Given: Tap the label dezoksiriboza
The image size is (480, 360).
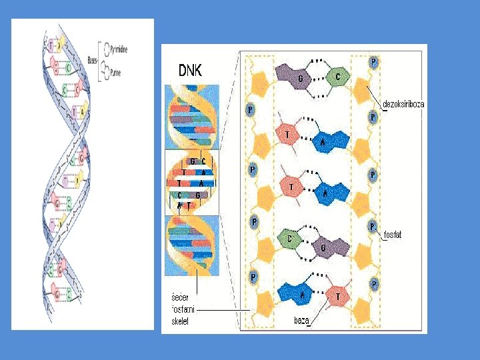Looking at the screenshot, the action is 403,104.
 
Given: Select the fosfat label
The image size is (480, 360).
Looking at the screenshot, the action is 393,235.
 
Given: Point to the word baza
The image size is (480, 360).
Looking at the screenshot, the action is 301,321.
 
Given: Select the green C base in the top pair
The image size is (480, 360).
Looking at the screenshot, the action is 338,77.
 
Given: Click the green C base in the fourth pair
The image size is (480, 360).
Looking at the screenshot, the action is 289,239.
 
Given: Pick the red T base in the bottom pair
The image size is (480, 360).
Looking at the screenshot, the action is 338,296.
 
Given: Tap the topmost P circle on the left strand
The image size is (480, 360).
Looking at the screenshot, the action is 250,109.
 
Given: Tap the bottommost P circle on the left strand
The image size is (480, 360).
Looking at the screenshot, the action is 253,276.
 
